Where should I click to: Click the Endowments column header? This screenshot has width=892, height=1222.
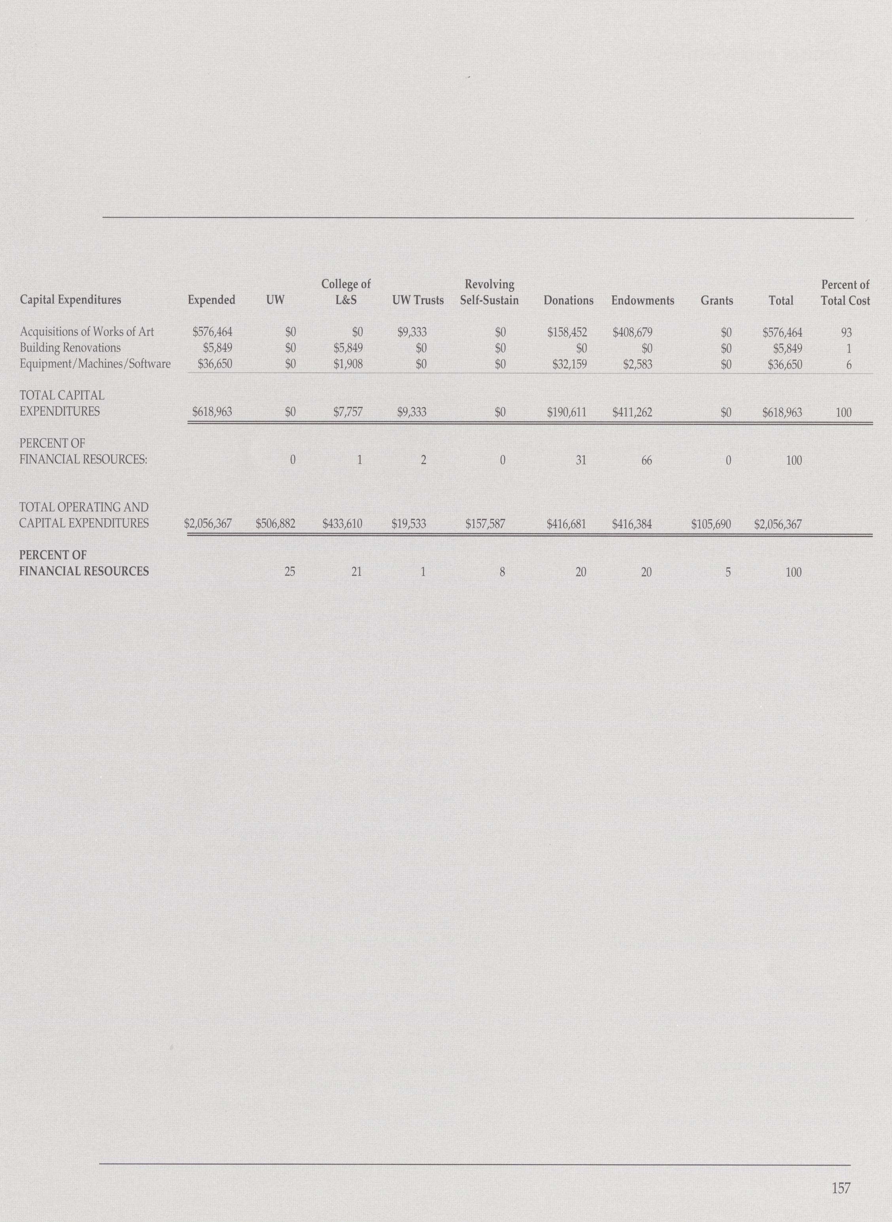click(643, 300)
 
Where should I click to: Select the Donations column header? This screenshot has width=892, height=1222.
click(568, 300)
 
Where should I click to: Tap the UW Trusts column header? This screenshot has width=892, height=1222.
click(418, 300)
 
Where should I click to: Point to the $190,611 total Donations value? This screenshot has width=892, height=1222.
click(567, 413)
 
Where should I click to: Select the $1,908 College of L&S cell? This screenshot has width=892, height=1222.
click(348, 365)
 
